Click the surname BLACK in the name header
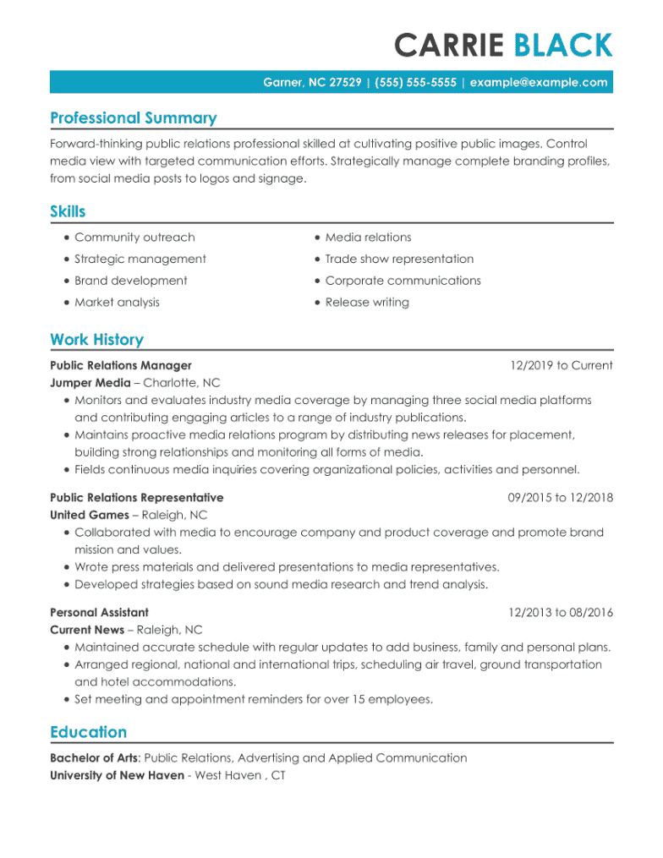[x=563, y=45]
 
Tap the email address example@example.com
[x=539, y=82]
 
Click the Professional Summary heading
[x=133, y=118]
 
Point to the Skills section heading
[x=68, y=211]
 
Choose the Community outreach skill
[x=134, y=238]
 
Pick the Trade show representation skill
[x=399, y=260]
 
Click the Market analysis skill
[x=117, y=303]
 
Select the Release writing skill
[x=367, y=303]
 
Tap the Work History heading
[x=96, y=340]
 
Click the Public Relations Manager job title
[x=121, y=366]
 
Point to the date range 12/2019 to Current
[x=561, y=366]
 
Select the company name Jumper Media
[x=90, y=383]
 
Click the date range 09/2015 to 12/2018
[x=560, y=498]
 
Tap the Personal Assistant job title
[x=99, y=613]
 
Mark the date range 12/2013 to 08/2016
[x=560, y=613]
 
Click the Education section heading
[x=88, y=732]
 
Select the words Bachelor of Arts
[x=94, y=758]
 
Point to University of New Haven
[x=117, y=775]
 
